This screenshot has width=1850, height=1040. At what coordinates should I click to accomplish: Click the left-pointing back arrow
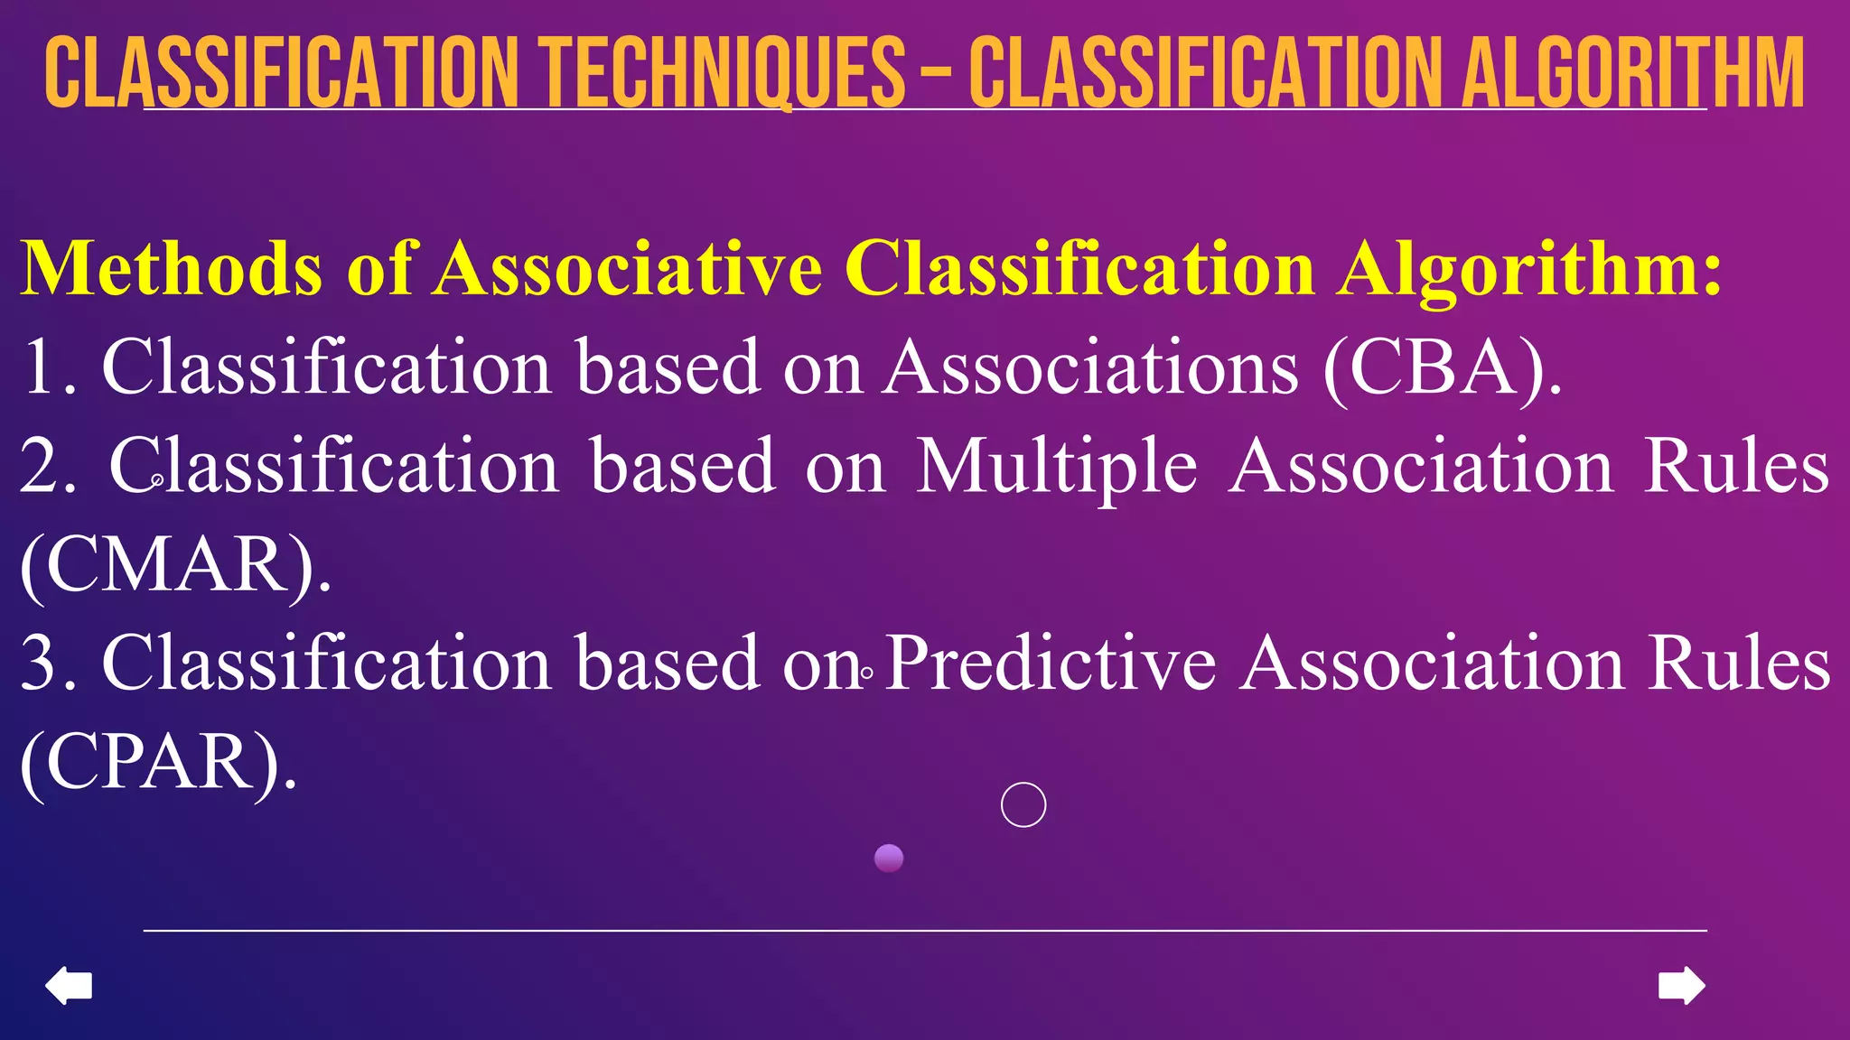[69, 985]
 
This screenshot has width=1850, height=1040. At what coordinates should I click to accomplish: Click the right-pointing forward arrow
[1681, 985]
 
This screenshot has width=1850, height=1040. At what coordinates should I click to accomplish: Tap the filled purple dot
[889, 858]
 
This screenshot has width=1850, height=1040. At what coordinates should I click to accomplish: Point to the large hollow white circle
[1023, 804]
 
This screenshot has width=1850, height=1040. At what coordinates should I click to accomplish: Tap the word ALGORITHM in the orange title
[1632, 72]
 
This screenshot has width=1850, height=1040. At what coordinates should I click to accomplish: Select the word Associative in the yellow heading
[628, 268]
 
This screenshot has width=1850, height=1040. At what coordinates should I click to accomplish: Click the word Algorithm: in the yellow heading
[1530, 268]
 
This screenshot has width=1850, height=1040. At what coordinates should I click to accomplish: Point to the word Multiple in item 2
[1056, 467]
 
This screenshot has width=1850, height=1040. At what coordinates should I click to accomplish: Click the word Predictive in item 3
[1050, 664]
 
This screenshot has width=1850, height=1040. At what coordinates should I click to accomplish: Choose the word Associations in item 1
[1091, 367]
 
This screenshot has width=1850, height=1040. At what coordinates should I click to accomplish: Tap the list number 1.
[41, 367]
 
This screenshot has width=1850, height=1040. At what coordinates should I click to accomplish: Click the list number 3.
[41, 664]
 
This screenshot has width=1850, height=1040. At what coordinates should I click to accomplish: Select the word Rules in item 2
[1736, 467]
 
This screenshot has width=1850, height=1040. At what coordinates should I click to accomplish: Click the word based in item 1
[668, 367]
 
